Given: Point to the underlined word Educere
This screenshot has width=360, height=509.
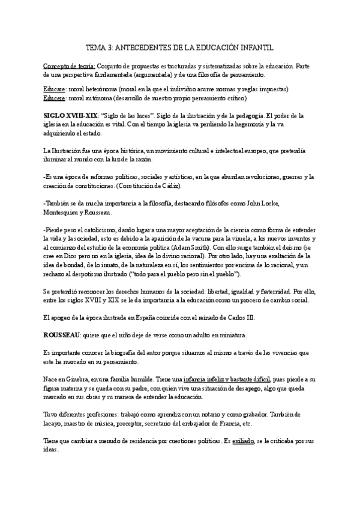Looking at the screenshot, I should [53, 98].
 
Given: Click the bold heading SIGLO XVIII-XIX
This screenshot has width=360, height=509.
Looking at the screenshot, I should [67, 115].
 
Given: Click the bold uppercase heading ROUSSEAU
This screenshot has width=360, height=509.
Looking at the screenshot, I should [63, 334].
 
